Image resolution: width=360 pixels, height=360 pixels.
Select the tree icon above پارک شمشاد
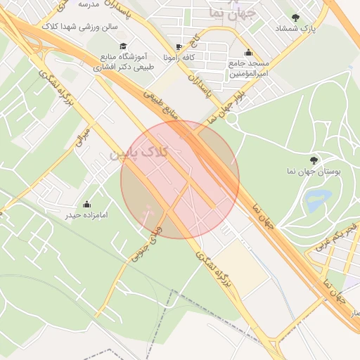pos(295,18)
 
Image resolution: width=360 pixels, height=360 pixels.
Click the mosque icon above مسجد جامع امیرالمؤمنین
pos(247,52)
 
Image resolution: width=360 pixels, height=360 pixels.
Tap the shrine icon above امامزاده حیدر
pos(86,204)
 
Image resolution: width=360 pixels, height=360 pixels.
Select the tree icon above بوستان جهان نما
pos(314,160)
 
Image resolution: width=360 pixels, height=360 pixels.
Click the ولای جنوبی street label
pos(143,239)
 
